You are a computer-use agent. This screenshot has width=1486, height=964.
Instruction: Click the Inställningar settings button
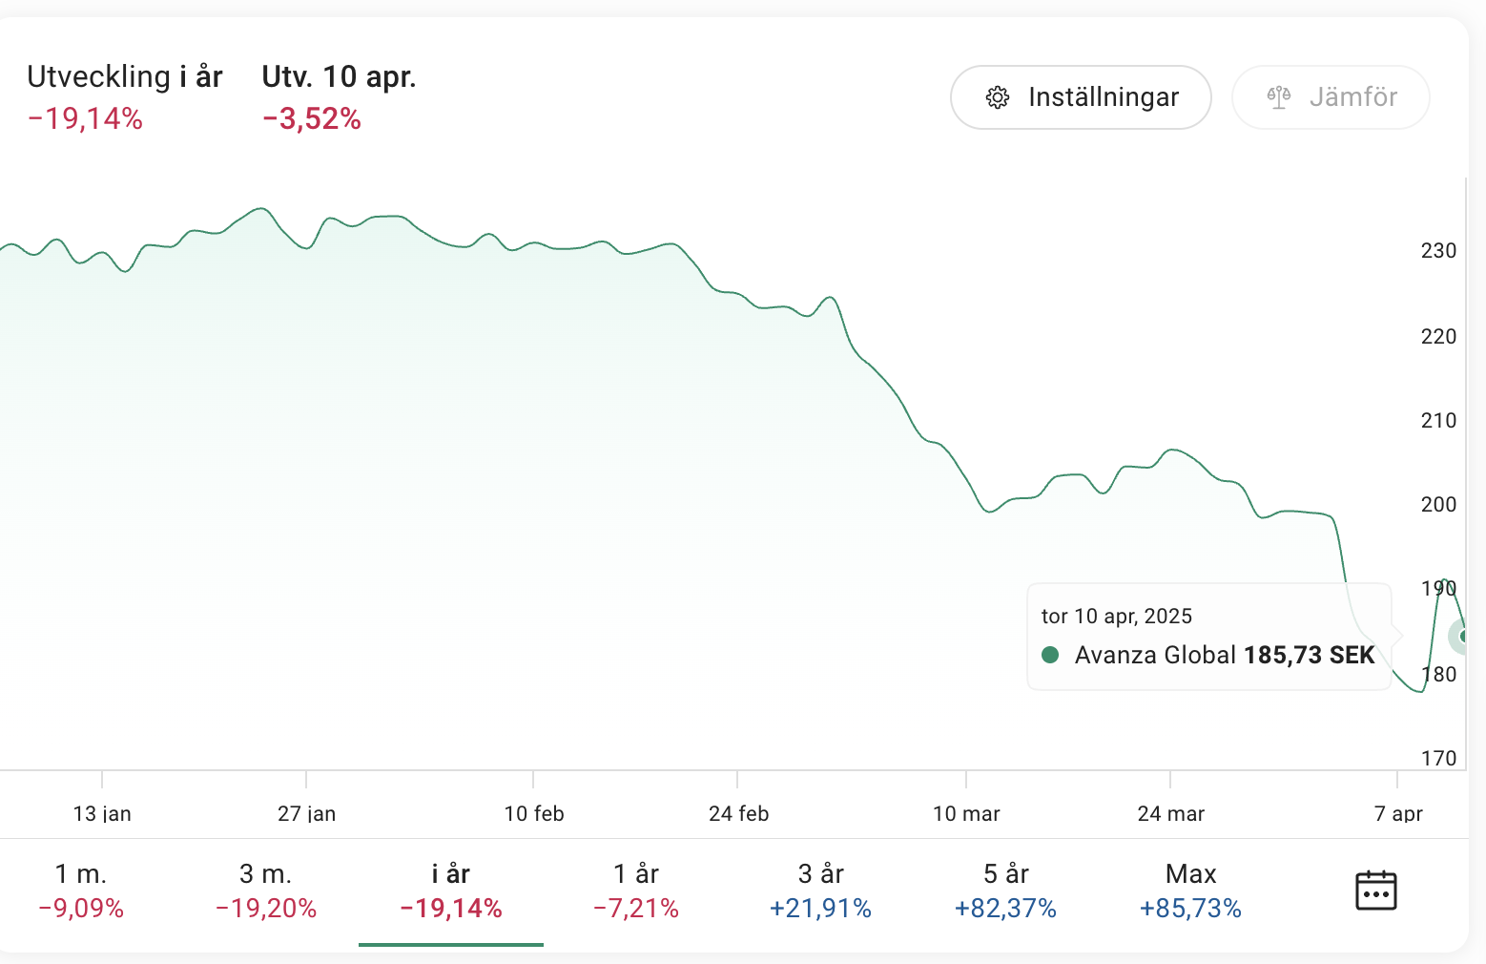coord(1081,97)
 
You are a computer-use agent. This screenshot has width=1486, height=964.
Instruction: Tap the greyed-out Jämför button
coord(1331,97)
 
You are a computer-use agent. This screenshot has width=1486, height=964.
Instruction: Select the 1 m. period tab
coord(81,891)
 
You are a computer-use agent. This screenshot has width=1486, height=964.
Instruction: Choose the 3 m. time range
coord(266,891)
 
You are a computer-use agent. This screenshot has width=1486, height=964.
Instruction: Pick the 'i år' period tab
coord(451,891)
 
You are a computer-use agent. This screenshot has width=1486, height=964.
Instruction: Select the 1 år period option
coord(636,891)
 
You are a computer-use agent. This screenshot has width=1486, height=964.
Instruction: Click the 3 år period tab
coord(821,891)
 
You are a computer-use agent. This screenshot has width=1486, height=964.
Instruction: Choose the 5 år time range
coord(1005,891)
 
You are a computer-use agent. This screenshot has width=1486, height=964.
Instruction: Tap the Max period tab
coord(1190,891)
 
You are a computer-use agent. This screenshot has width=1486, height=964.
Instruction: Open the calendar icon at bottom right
coord(1375,891)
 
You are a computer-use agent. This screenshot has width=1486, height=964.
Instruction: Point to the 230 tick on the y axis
coord(1438,251)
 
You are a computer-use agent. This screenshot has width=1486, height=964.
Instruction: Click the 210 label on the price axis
coord(1438,421)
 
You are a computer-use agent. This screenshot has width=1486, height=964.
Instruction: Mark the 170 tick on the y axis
coord(1438,759)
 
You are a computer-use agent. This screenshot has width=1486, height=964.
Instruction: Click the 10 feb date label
coord(534,814)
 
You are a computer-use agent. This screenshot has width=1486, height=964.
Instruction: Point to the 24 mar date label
coord(1171,814)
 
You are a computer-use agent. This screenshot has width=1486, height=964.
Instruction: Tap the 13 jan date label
coord(102,814)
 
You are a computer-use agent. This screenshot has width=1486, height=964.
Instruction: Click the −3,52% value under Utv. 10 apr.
coord(312,119)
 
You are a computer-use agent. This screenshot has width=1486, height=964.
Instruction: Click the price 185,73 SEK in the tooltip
coord(1309,656)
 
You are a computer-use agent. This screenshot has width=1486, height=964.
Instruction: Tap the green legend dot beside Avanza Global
coord(1050,655)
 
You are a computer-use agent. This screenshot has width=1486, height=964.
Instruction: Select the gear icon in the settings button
coord(998,97)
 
